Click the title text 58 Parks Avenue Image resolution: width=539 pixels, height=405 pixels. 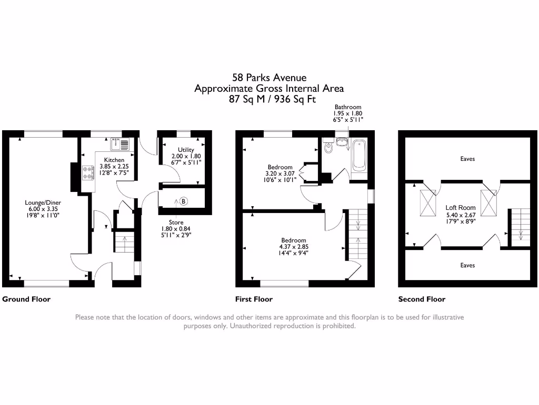[x=269, y=78]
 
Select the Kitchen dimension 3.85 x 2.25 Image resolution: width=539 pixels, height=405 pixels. [x=114, y=166]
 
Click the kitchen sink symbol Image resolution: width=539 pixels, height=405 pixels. [x=121, y=143]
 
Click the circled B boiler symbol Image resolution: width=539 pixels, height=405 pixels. [x=183, y=201]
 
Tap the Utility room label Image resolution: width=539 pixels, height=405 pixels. [x=186, y=150]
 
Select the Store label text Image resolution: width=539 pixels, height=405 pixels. [x=176, y=223]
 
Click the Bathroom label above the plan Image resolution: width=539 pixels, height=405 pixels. [x=347, y=107]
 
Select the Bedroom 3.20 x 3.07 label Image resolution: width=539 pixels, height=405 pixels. [x=280, y=167]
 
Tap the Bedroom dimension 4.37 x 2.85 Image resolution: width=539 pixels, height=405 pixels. [x=293, y=246]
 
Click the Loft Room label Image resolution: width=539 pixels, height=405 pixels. [x=461, y=208]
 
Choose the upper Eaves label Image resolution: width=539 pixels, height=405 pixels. [x=467, y=159]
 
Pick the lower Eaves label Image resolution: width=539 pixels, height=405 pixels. [x=467, y=265]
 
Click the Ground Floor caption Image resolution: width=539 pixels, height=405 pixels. [x=26, y=299]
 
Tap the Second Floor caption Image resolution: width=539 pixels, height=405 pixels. [x=422, y=299]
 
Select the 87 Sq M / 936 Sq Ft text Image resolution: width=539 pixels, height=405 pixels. [x=269, y=99]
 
